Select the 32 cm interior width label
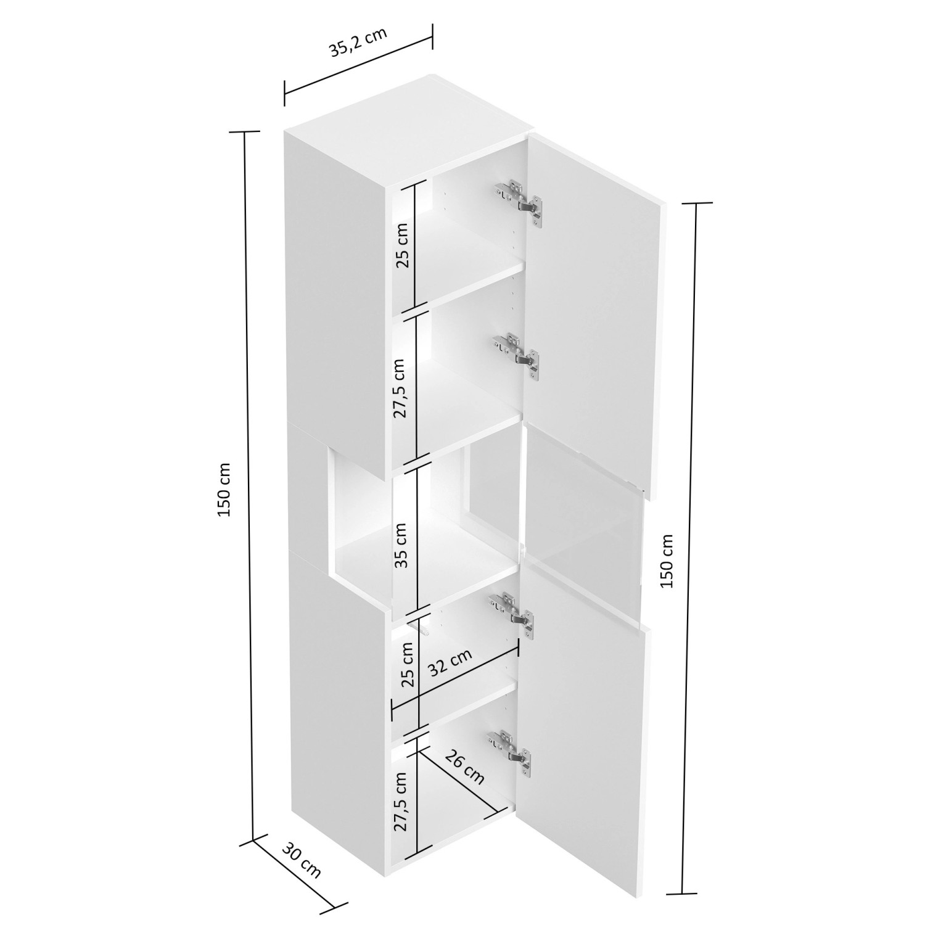tap(450, 663)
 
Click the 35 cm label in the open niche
tap(401, 545)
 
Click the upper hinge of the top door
tap(519, 200)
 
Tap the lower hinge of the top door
tap(517, 353)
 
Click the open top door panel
tap(592, 308)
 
